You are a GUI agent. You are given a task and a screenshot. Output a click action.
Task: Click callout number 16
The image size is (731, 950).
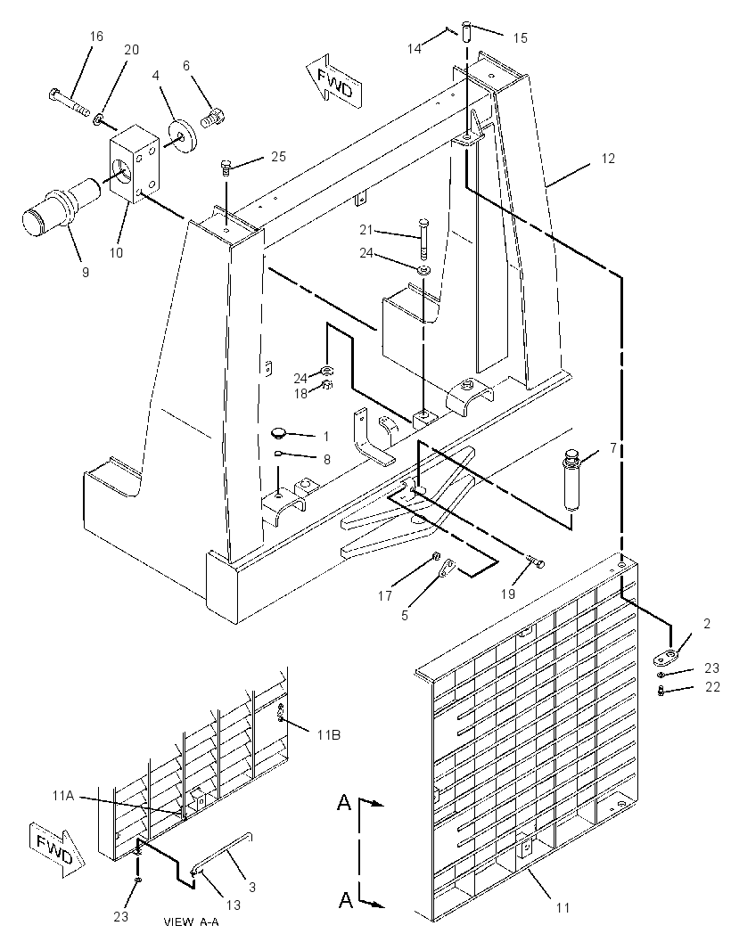click(96, 37)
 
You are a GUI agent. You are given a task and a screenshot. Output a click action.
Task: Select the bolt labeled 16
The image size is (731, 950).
click(68, 103)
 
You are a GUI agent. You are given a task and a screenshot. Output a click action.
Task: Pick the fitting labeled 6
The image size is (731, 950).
click(214, 115)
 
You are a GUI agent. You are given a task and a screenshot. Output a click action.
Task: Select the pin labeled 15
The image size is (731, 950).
click(467, 31)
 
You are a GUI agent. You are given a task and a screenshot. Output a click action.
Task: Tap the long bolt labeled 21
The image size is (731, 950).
click(423, 238)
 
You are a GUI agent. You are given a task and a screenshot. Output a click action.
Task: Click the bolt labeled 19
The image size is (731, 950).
click(535, 563)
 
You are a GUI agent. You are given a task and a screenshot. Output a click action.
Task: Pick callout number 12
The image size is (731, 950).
click(608, 158)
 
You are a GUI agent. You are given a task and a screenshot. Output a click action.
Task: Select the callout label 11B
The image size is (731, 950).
click(328, 735)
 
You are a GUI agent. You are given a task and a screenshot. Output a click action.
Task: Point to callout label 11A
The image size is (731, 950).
click(63, 796)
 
